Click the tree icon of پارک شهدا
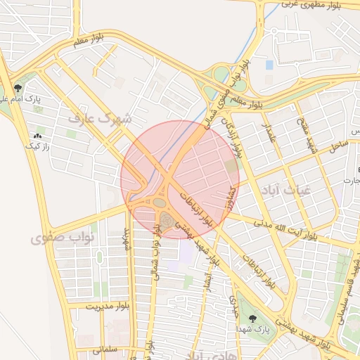coord(252,319)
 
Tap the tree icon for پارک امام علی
coord(17,89)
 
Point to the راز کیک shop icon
coord(37,136)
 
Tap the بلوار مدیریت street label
coord(110,307)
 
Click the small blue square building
coord(269,65)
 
